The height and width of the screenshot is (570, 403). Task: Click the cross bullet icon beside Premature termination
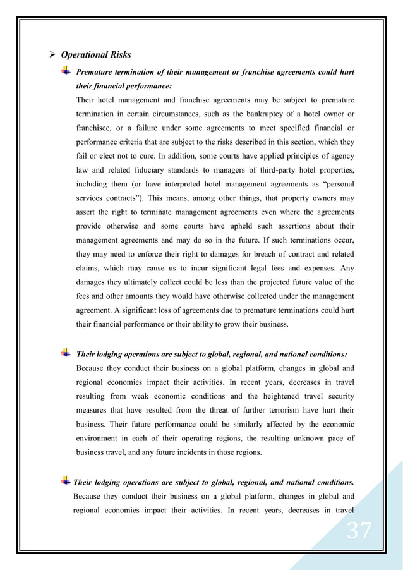(66, 71)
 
